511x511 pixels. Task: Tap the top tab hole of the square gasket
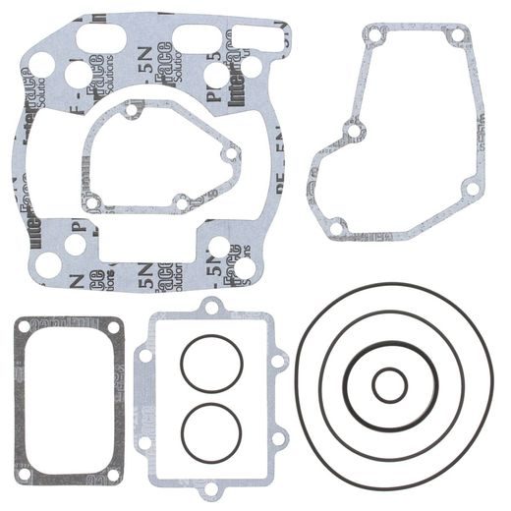pos(209,309)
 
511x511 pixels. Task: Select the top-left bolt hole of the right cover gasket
pos(370,37)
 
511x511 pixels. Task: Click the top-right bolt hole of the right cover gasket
pos(455,36)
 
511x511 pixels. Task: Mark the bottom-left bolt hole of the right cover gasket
pos(336,228)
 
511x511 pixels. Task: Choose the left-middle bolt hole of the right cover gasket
pos(351,129)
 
